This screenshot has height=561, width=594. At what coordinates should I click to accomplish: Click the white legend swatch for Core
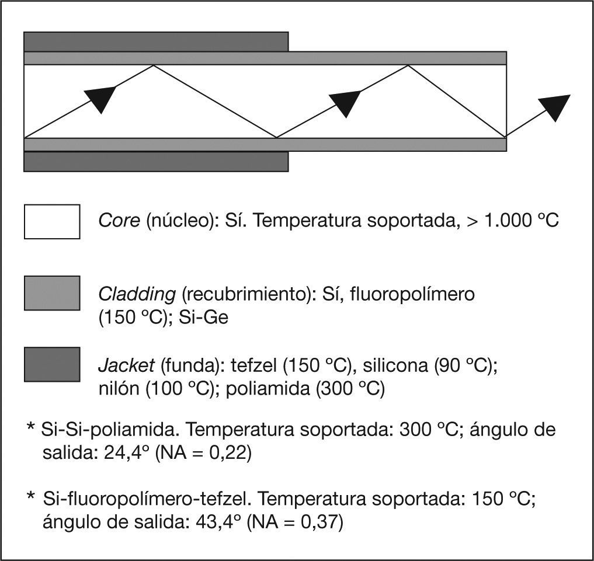point(52,221)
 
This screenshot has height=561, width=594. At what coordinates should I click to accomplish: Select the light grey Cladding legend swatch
point(52,293)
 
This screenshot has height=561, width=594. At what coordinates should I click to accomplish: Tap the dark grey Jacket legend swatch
point(52,364)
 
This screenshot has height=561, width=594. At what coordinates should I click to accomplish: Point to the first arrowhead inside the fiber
point(100,98)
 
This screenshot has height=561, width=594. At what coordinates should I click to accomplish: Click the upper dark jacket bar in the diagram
point(155,41)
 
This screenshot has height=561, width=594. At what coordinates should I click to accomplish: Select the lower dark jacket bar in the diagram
point(155,162)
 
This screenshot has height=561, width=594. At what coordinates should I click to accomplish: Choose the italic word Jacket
point(126,366)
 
